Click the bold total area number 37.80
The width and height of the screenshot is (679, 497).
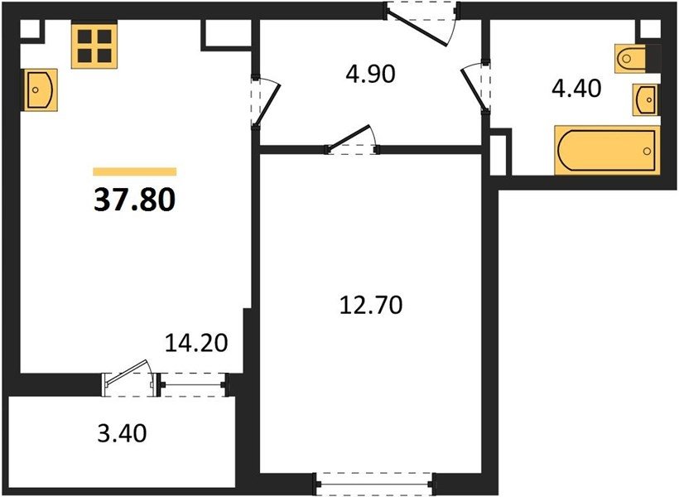point(135,200)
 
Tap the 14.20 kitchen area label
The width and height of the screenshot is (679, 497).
point(196,343)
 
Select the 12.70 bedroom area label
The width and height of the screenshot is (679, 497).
point(371,305)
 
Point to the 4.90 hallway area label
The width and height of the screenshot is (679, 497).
point(370,74)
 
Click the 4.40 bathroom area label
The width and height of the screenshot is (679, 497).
point(576,89)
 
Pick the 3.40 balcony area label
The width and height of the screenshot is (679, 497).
point(122,433)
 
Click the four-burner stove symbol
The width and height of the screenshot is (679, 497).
point(95,45)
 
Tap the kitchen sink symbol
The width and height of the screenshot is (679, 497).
point(39,90)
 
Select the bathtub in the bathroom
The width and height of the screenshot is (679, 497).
point(607,151)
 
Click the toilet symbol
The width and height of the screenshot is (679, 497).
point(630,58)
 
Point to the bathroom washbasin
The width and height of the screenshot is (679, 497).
point(646,100)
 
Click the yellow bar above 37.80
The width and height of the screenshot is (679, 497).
point(135,171)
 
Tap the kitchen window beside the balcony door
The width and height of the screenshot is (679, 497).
point(193,384)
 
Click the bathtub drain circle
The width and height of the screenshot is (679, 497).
point(647,152)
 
